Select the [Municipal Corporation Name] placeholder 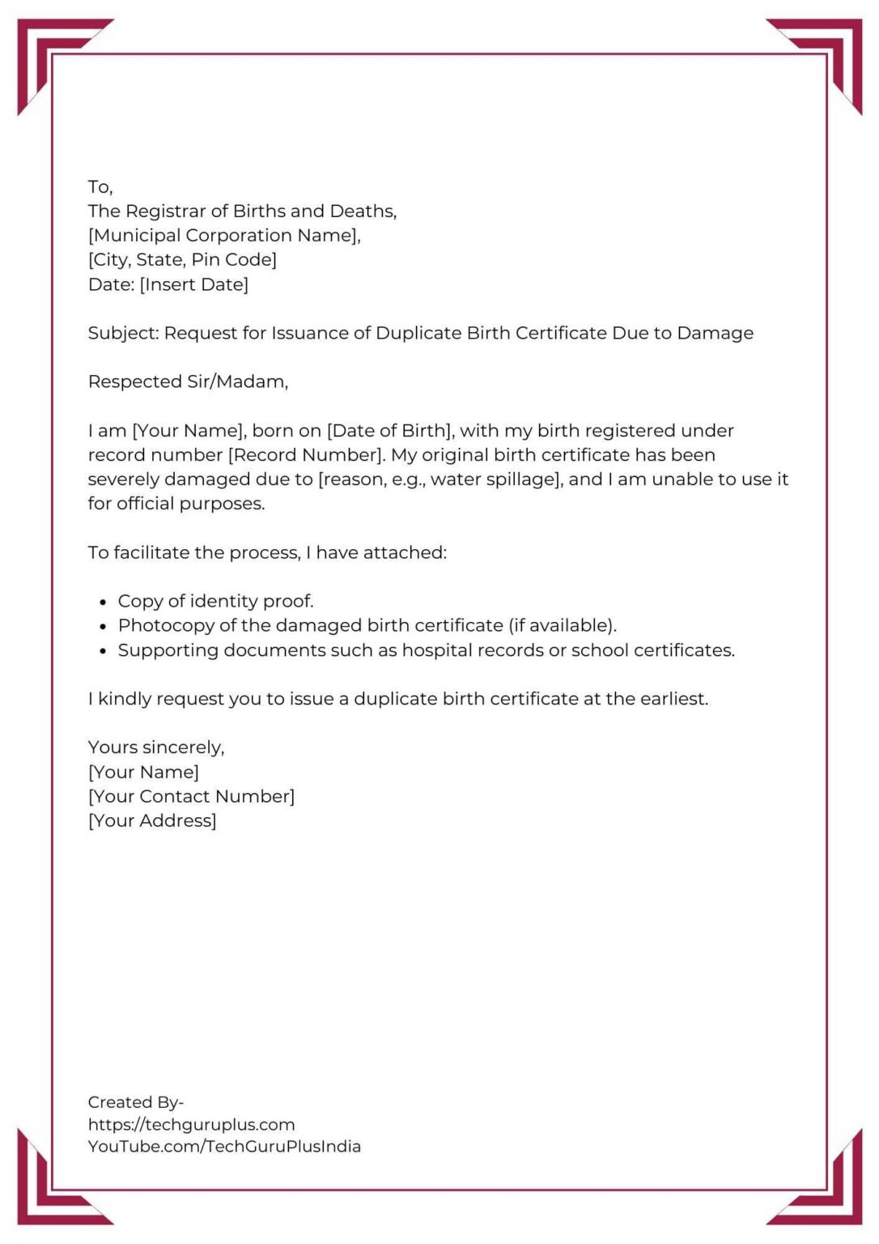coord(224,236)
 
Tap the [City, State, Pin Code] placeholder coord(182,260)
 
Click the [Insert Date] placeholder coord(194,284)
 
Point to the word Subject coord(123,334)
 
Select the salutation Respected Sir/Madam coord(188,381)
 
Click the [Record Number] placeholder coord(307,455)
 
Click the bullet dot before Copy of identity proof coord(103,603)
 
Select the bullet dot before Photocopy coord(103,627)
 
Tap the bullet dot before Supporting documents coord(103,651)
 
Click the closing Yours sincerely coord(156,748)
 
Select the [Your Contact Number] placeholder coord(191,797)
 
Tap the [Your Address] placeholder coord(152,821)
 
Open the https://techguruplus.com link coord(191,1125)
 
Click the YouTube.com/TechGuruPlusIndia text coord(224,1147)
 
